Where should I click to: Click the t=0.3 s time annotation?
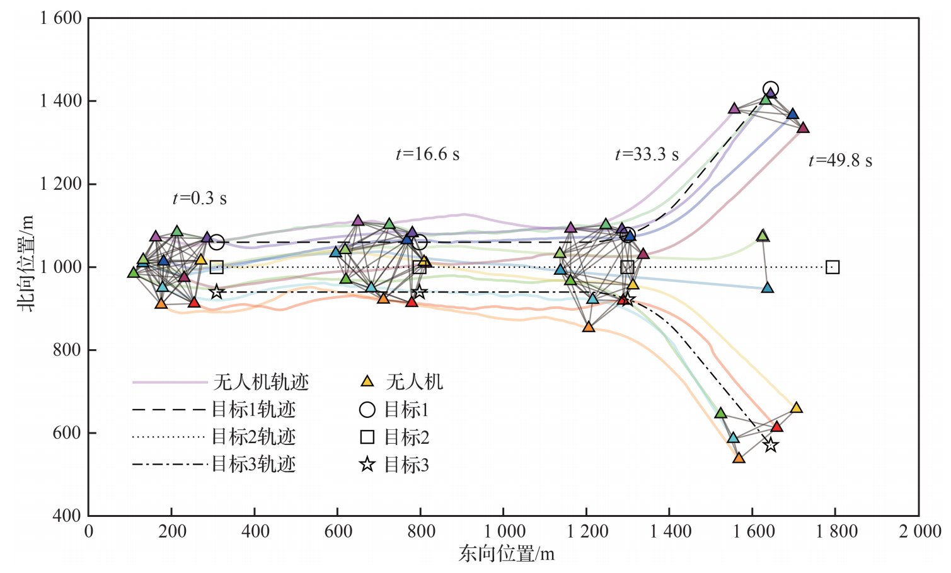pos(199,199)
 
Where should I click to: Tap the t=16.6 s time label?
pos(427,154)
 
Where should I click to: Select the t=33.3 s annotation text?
pos(647,154)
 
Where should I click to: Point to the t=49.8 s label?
pos(840,161)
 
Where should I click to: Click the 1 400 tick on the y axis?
pos(61,101)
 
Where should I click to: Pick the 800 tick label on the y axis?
pos(67,350)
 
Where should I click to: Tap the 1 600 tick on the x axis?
pos(753,531)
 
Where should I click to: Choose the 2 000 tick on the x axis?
pos(919,531)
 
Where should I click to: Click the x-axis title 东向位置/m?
pos(506,554)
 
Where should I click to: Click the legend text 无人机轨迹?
pos(261,382)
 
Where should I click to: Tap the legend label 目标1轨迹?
pos(253,410)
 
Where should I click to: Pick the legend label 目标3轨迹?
pos(253,465)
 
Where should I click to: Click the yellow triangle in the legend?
pos(367,381)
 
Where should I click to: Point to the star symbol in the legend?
pos(367,465)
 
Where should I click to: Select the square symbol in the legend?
pos(367,437)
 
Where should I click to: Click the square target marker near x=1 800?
pos(833,267)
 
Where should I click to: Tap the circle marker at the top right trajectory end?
pos(770,90)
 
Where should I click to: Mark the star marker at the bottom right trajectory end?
pos(770,445)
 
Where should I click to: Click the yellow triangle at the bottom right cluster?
pos(796,408)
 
